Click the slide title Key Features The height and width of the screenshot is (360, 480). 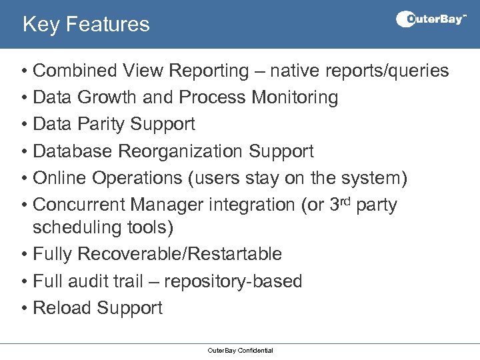[x=86, y=25]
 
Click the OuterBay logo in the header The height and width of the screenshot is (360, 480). [x=431, y=19]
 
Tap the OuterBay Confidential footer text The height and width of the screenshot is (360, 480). [x=240, y=350]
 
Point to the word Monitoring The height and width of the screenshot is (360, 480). [x=295, y=97]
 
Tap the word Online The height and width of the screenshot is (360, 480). [x=59, y=178]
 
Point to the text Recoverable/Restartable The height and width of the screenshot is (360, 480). [x=179, y=254]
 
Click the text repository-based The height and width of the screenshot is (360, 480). [x=233, y=281]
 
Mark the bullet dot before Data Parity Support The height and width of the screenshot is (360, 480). [x=23, y=125]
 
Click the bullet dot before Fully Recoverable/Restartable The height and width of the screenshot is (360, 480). [x=23, y=255]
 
